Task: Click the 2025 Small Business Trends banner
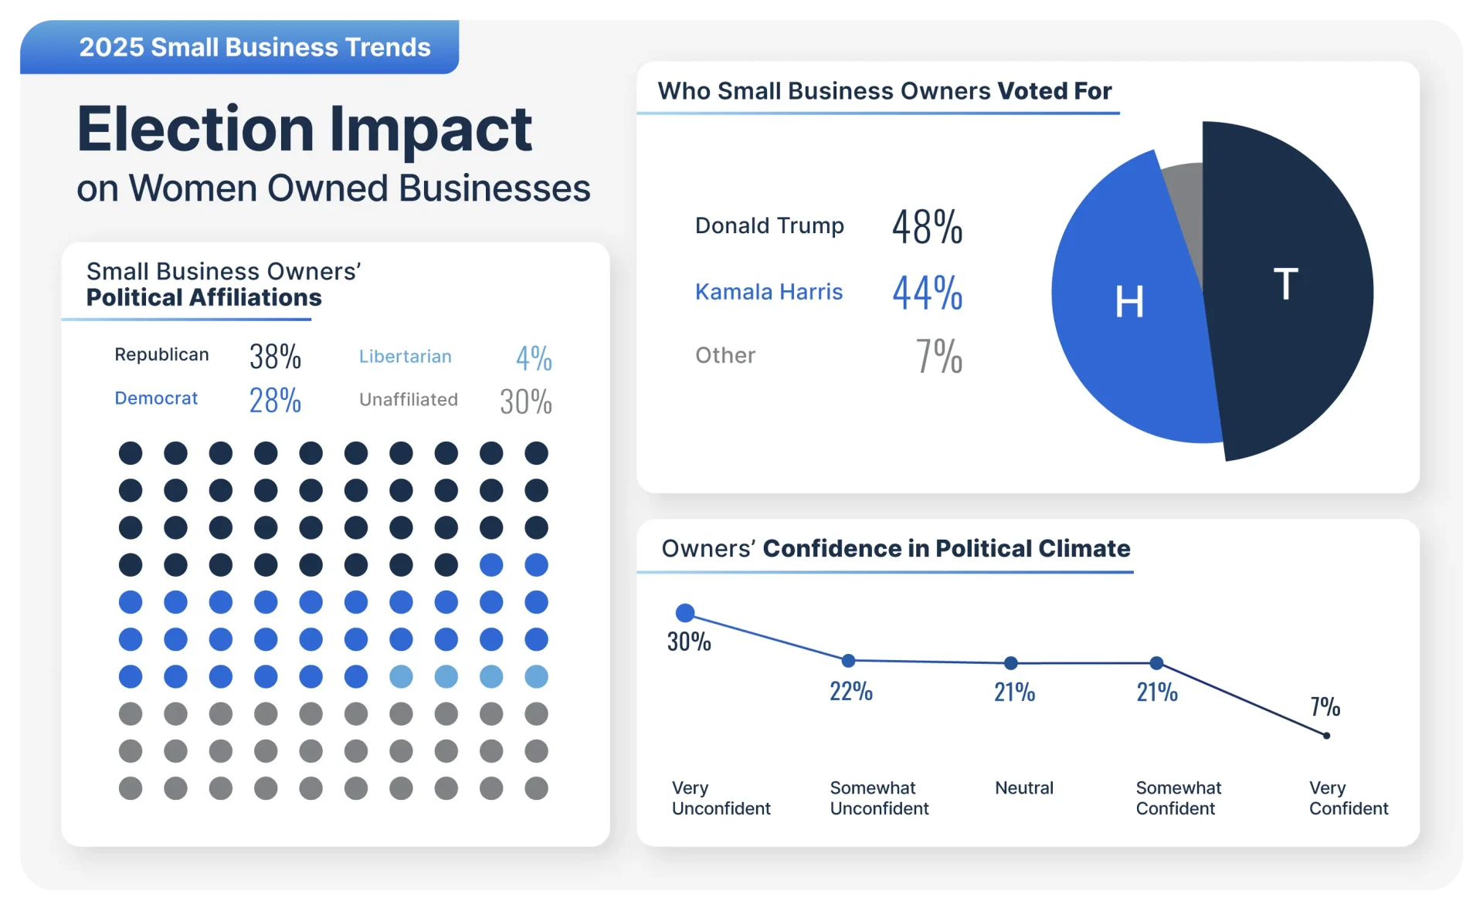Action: pyautogui.click(x=254, y=47)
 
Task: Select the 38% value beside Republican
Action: pyautogui.click(x=275, y=357)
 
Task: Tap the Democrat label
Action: pyautogui.click(x=156, y=398)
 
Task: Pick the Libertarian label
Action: pyautogui.click(x=405, y=357)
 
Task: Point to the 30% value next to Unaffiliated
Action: pyautogui.click(x=525, y=401)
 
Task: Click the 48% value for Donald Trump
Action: pyautogui.click(x=927, y=227)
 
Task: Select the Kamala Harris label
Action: pyautogui.click(x=769, y=292)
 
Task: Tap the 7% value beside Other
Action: pyautogui.click(x=939, y=356)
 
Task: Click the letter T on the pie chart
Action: pyautogui.click(x=1286, y=284)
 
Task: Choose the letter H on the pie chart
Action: pyautogui.click(x=1129, y=302)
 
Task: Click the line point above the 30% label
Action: pyautogui.click(x=685, y=613)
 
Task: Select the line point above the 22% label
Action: pyautogui.click(x=848, y=661)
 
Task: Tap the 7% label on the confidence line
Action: pyautogui.click(x=1325, y=706)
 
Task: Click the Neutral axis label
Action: pyautogui.click(x=1023, y=788)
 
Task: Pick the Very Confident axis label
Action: pyautogui.click(x=1348, y=798)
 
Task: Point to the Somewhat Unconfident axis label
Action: pyautogui.click(x=879, y=798)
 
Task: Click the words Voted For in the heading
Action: pyautogui.click(x=1054, y=91)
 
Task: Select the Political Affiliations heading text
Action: pyautogui.click(x=204, y=298)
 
